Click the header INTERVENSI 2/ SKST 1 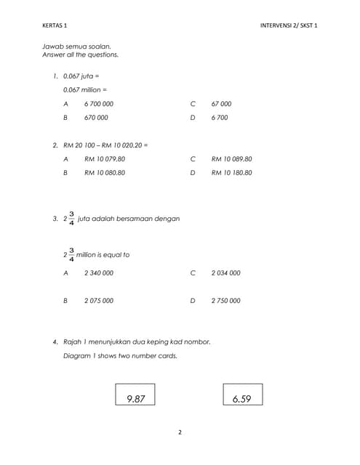point(289,25)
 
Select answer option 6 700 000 point(98,104)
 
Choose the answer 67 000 point(221,104)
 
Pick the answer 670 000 point(96,118)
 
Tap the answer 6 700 point(219,118)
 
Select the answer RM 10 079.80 point(105,158)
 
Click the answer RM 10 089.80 point(231,158)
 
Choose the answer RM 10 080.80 point(105,173)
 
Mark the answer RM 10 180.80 point(231,173)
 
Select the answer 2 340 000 point(98,273)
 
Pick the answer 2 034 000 point(225,273)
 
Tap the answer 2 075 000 point(98,301)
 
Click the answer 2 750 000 point(225,301)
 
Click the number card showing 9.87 point(135,396)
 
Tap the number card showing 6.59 point(242,396)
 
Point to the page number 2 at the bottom point(180,432)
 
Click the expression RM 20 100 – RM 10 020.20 point(105,145)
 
